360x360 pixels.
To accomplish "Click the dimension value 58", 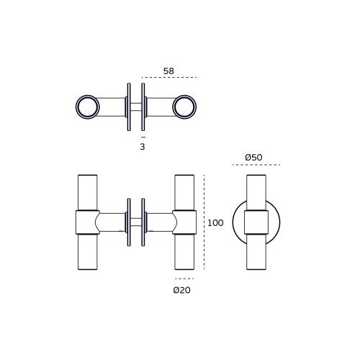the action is point(168,71).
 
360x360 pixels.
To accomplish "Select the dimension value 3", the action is point(143,147).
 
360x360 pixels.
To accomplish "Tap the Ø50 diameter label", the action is point(253,158).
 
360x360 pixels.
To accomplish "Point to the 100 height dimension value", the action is point(215,223).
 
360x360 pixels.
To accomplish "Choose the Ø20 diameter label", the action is point(182,290).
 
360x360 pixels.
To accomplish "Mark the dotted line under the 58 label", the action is point(169,77).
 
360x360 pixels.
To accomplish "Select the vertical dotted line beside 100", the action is point(204,222).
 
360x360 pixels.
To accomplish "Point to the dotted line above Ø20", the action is point(184,279).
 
